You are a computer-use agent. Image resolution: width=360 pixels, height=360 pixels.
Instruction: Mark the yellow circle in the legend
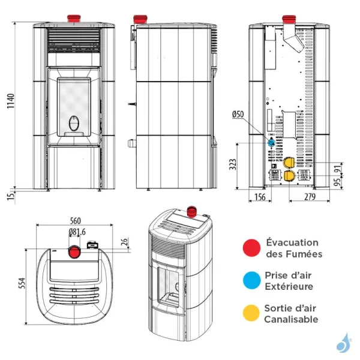click(251, 313)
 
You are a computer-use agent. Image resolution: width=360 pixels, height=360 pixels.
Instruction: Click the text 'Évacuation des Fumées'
click(293, 248)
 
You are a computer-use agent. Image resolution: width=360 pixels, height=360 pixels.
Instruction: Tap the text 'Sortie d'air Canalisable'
click(291, 314)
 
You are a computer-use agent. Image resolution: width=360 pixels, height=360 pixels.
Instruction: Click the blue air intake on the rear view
click(271, 143)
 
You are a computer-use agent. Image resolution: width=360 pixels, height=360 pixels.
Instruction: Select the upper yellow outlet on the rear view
click(289, 163)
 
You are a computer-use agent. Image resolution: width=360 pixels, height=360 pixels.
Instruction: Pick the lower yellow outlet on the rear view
click(289, 175)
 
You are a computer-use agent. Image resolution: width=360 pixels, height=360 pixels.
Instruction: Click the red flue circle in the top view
click(75, 251)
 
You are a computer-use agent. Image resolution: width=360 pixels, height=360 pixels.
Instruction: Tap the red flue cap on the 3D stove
click(193, 211)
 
